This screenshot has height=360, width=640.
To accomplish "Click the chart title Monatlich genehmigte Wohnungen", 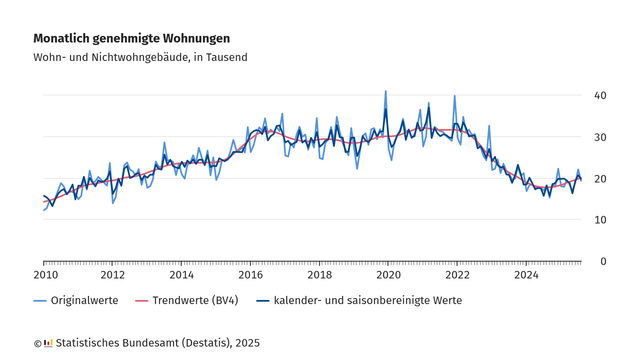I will (131, 38).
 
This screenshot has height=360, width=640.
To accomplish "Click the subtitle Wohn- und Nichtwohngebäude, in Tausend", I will (140, 58).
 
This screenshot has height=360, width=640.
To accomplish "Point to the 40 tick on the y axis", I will (600, 95).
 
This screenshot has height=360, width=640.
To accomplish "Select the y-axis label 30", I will (600, 137).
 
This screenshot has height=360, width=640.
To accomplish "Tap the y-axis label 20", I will (600, 178).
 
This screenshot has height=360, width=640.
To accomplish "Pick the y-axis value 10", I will (600, 220).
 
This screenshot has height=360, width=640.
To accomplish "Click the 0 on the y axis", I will (603, 261).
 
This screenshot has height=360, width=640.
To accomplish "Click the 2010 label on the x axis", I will (44, 274).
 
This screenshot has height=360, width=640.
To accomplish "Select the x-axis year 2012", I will (112, 274).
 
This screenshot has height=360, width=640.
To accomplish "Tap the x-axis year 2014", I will (181, 274).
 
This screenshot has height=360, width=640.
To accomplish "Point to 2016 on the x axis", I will (250, 274).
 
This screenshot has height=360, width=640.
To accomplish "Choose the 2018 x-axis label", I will (319, 274).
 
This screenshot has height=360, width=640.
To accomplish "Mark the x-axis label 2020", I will (388, 274).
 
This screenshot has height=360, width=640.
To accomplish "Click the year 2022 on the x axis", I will (457, 274).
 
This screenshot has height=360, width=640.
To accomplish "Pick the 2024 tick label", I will (526, 274).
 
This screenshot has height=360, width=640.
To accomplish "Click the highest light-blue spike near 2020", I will (386, 92).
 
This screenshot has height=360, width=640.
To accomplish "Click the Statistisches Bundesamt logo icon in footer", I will (48, 343).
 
